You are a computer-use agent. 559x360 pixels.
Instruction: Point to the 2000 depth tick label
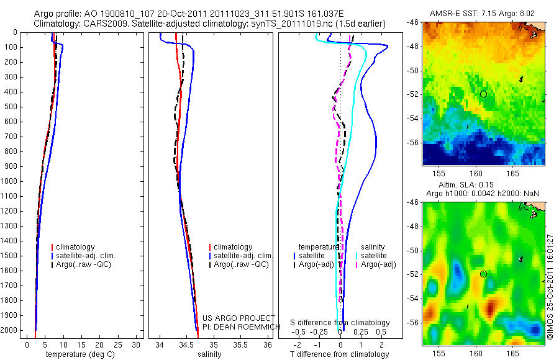(9, 331)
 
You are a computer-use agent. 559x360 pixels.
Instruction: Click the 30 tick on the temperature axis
(137, 345)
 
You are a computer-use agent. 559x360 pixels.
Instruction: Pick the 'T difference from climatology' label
(339, 354)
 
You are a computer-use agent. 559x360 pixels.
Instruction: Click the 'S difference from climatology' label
(340, 323)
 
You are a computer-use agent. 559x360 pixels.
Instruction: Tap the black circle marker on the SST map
(483, 94)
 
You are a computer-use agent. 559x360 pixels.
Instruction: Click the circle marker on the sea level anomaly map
(483, 274)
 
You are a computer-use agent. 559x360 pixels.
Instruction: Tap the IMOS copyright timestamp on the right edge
(550, 282)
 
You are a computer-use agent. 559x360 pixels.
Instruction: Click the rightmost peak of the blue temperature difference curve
(388, 47)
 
